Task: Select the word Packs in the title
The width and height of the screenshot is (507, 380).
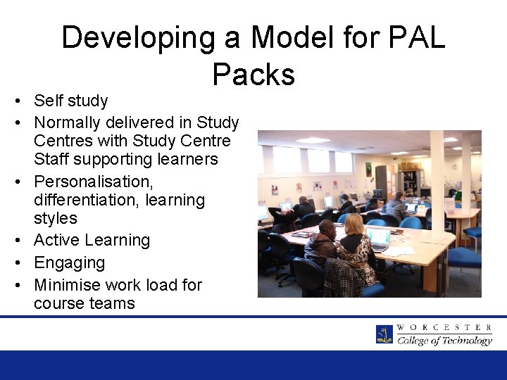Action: pos(253,73)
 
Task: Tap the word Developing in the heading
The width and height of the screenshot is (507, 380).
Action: pos(138,37)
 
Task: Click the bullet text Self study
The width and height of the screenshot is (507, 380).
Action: pos(70,101)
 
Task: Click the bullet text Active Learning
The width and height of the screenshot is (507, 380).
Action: pos(92,240)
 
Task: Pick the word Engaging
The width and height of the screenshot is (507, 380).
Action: pos(69,262)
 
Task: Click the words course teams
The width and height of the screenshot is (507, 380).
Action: pos(84,303)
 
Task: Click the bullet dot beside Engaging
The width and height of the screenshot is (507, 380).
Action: pos(15,262)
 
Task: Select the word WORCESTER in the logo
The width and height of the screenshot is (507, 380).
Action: pos(444,327)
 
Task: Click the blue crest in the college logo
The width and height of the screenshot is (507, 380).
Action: pos(384,334)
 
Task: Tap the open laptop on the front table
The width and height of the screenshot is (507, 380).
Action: pos(377,239)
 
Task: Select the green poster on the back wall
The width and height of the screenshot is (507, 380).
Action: pos(368,170)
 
